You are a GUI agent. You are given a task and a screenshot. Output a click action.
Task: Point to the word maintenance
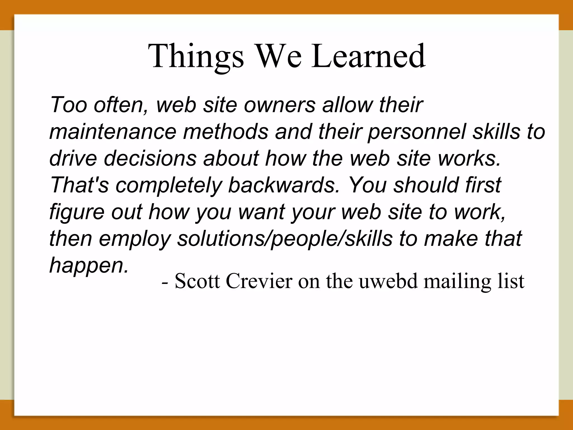pos(113,132)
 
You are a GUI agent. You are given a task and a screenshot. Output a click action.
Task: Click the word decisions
pos(150,158)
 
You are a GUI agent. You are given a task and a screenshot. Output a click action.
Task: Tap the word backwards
pos(284,185)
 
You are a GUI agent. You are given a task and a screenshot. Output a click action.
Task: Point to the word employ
pos(135,239)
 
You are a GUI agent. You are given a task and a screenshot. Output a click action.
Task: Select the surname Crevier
pos(259,281)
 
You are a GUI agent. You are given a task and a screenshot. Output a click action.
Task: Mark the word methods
pos(226,132)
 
